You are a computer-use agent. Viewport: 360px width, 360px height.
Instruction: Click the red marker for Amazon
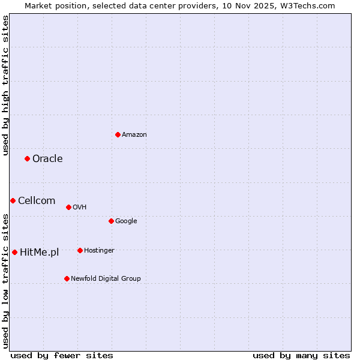(118, 134)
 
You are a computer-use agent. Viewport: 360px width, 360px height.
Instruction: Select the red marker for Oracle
(27, 158)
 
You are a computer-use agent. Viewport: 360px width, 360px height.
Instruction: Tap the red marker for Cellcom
(13, 200)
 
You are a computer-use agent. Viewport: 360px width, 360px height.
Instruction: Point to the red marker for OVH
(68, 207)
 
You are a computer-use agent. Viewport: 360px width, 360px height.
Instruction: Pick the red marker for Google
(111, 221)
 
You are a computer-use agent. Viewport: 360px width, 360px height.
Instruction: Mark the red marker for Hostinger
(80, 250)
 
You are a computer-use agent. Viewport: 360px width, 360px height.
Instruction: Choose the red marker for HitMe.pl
(14, 252)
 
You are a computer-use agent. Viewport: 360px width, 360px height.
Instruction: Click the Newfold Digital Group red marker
(67, 278)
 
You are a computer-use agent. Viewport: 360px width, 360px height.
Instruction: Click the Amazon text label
(134, 134)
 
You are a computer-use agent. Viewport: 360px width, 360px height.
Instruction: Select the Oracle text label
(47, 158)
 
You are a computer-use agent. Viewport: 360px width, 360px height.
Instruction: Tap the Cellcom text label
(37, 200)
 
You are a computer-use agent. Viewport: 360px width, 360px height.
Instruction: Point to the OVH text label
(80, 207)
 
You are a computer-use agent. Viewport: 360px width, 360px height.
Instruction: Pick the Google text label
(126, 221)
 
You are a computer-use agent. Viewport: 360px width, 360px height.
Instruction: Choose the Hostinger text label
(99, 250)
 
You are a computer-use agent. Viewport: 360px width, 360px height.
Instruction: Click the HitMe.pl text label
(40, 252)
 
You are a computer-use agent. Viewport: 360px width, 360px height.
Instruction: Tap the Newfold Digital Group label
(106, 278)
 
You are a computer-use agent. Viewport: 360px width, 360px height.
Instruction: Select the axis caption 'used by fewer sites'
(62, 355)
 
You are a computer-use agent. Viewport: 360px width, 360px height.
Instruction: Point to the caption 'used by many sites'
(301, 355)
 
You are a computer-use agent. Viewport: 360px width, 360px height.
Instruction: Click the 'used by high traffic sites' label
(5, 85)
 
